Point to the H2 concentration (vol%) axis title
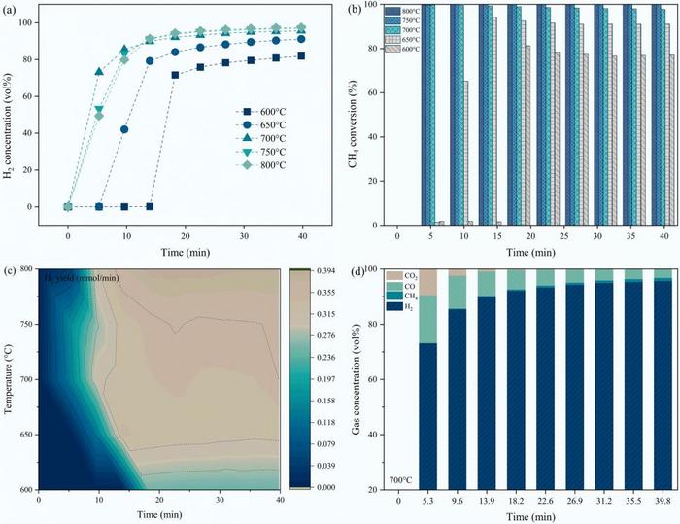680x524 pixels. click(x=11, y=115)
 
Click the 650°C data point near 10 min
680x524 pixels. click(x=124, y=129)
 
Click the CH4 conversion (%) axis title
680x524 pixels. click(x=356, y=115)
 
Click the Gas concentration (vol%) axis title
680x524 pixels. click(x=356, y=379)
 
